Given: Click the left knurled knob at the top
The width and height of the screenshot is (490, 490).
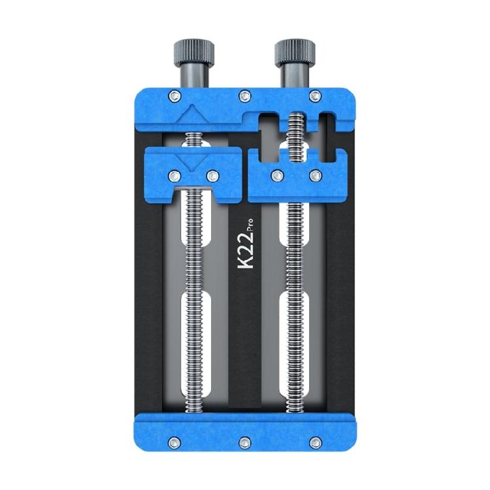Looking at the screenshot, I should point(192,50).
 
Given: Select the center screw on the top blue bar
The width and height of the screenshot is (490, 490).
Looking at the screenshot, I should point(244,95).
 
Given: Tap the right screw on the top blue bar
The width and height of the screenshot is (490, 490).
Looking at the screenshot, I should point(315,95).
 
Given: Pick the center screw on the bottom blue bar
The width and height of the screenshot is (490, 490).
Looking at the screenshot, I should point(244,440).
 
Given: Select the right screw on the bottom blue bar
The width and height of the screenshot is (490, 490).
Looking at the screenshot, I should point(315,440).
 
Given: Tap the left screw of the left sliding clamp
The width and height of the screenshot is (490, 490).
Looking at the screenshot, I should point(174,175).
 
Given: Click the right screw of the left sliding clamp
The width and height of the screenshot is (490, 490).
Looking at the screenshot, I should point(212,175).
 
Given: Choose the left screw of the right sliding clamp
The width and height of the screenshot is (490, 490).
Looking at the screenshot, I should point(278,175).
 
